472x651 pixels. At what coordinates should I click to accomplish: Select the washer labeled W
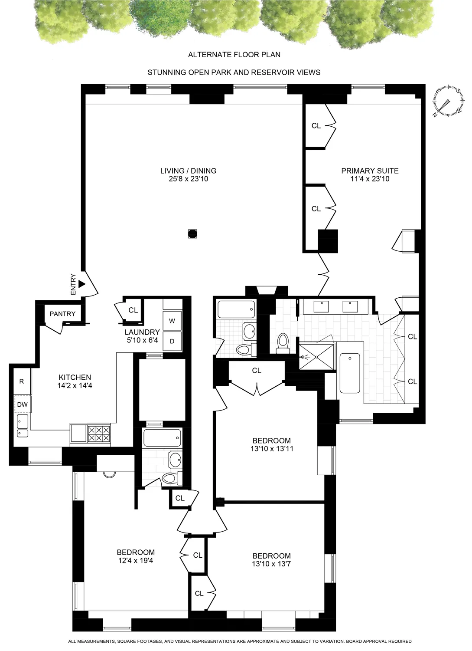pos(172,321)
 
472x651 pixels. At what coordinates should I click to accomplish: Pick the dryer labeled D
pos(172,342)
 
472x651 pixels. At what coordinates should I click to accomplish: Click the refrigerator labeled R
pos(22,381)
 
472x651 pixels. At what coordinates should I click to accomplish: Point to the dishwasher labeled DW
pos(22,404)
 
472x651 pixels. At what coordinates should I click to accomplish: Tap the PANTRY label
pos(62,314)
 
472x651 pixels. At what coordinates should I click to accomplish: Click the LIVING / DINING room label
pos(188,171)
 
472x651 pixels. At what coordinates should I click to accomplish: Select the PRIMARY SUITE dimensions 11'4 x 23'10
pos(370,178)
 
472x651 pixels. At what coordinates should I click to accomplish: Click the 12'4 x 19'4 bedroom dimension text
pos(136,560)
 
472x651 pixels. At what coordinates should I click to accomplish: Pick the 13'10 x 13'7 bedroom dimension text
pos(272,564)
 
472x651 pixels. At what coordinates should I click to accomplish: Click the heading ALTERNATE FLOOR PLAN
pos(234,55)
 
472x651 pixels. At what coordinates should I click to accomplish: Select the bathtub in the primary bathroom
pos(350,373)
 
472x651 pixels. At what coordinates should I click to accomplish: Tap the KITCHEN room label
pos(75,378)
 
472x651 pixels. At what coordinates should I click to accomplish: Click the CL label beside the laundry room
pos(133,310)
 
